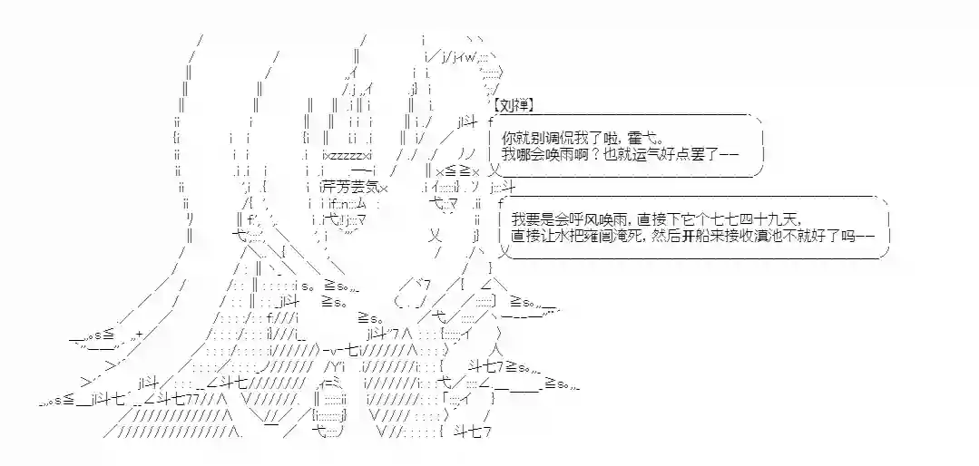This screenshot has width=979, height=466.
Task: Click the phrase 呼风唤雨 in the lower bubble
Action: point(586,218)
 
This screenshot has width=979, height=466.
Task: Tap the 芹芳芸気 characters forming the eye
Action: point(350,188)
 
